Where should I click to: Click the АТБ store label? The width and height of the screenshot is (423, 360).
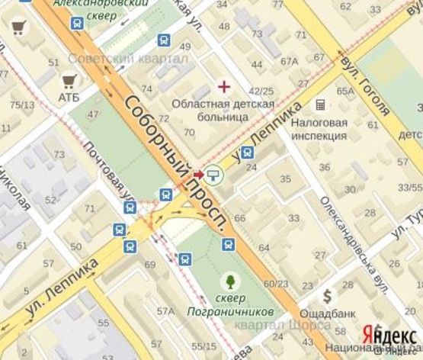pos(69,97)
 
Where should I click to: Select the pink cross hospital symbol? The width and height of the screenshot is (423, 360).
pos(223,86)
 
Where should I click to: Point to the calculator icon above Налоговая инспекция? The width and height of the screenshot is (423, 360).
pos(320,104)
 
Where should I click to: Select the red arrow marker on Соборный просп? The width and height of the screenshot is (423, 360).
pos(198,175)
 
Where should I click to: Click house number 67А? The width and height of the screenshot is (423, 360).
pos(289,62)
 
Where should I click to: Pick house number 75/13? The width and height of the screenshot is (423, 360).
pos(21,104)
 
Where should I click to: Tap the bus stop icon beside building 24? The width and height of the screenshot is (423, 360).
pos(247,153)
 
